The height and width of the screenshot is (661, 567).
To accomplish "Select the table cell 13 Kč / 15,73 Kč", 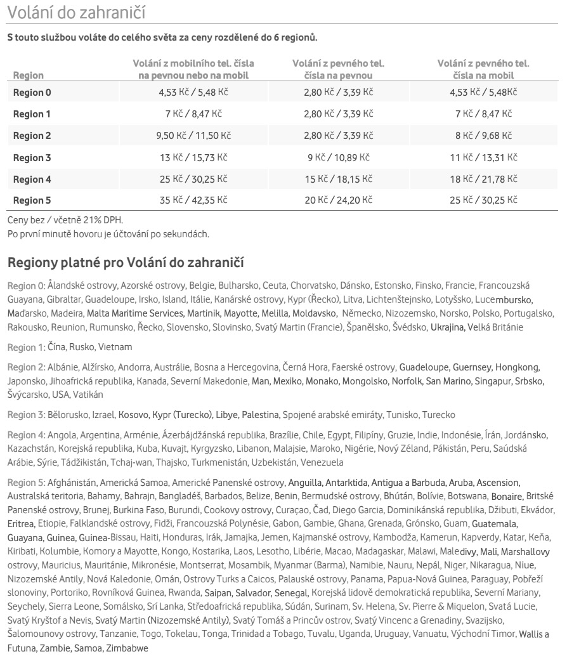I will (193, 157).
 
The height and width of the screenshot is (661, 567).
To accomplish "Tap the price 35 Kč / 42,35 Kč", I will (193, 200).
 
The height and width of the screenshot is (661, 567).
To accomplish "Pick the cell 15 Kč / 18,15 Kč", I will (338, 179).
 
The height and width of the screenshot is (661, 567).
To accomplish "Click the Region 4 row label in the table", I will (32, 179).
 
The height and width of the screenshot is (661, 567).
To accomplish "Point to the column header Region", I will (29, 75).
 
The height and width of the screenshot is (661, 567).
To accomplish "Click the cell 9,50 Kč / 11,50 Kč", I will (193, 136).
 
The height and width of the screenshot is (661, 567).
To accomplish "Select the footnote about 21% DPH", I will (65, 221).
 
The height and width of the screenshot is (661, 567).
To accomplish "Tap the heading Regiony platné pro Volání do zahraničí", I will (126, 262).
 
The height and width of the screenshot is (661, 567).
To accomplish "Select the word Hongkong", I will (517, 367).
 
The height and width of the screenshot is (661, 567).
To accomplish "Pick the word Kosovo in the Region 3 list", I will (133, 415).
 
